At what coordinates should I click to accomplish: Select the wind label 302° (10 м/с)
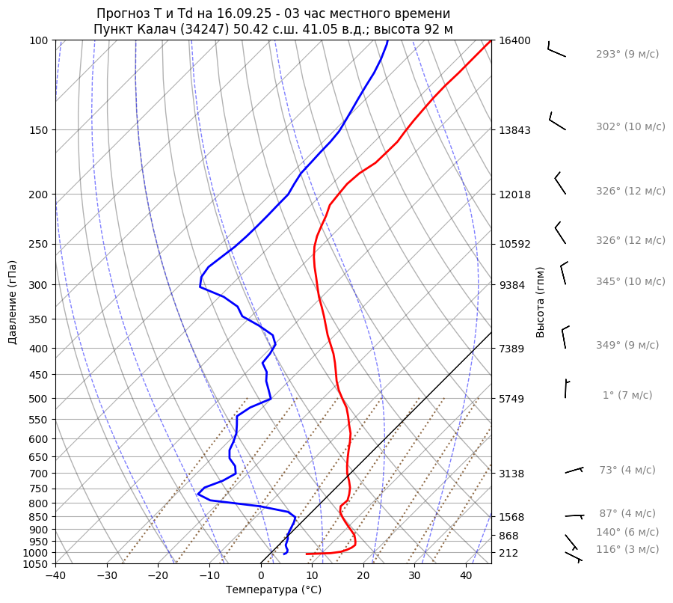point(630,127)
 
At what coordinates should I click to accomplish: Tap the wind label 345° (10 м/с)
point(630,282)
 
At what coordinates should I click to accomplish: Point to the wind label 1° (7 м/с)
point(627,396)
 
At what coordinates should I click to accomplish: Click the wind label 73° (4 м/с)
point(627,471)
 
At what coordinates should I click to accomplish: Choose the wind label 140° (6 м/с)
point(627,533)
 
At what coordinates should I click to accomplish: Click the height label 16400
point(514,40)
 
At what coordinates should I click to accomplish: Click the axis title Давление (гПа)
point(13,302)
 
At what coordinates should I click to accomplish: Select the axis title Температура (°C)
point(274,590)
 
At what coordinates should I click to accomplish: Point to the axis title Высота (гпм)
point(541,302)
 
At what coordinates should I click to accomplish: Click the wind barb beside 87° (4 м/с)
point(574,516)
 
